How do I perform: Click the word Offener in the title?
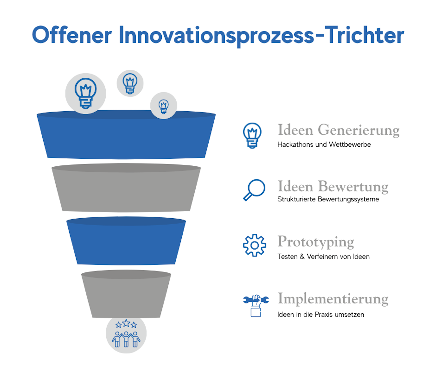72,35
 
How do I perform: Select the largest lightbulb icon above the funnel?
86,93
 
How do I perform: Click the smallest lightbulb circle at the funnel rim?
164,106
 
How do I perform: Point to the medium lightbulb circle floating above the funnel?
130,83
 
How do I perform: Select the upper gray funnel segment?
126,188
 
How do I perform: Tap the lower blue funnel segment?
126,241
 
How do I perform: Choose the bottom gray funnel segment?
126,294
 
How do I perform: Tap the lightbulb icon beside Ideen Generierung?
252,135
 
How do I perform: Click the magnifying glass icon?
254,190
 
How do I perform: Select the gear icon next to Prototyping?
255,245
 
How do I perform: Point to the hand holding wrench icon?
256,306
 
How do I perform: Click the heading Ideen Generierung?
339,130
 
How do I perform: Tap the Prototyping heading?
316,242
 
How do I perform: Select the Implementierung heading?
333,299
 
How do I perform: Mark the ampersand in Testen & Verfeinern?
302,256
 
